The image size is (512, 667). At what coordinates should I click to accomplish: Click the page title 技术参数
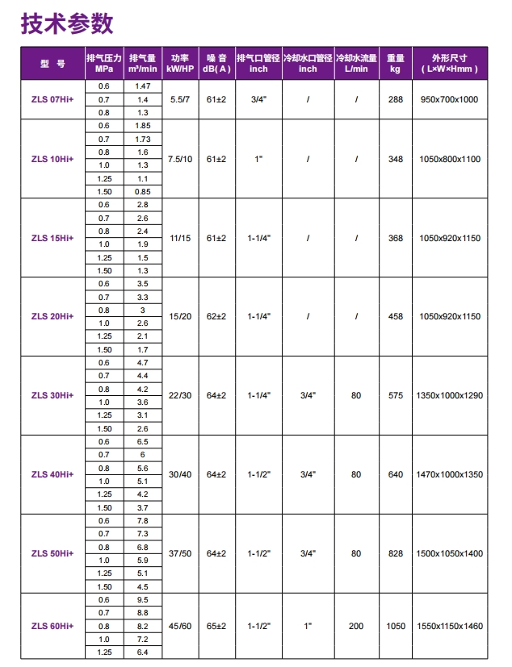tap(67, 24)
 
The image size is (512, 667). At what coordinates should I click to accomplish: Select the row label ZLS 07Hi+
tap(52, 98)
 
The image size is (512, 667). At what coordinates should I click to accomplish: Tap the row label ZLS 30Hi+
tap(52, 395)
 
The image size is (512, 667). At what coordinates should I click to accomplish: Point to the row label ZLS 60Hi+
tap(52, 626)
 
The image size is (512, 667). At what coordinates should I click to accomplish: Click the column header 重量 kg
tap(395, 63)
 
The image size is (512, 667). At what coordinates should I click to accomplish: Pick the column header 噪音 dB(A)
tap(216, 63)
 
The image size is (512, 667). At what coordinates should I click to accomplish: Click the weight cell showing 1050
tap(395, 626)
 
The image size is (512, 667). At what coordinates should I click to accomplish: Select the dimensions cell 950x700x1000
tap(449, 98)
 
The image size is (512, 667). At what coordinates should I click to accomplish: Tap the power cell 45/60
tap(179, 626)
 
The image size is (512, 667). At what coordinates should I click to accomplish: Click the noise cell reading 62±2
tap(216, 316)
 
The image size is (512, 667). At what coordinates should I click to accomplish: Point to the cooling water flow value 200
tap(356, 626)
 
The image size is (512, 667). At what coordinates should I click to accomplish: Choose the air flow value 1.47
tap(143, 85)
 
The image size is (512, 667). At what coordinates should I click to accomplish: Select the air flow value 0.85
tap(143, 191)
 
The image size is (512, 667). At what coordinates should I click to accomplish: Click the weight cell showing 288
tap(395, 98)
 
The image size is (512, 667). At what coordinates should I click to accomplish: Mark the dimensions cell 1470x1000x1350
tap(449, 474)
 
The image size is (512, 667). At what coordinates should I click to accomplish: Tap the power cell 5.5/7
tap(179, 98)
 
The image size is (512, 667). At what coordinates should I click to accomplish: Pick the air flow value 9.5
tap(143, 600)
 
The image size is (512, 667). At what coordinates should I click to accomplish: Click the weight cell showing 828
tap(395, 553)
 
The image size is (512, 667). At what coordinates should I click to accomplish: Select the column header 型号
tap(52, 63)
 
